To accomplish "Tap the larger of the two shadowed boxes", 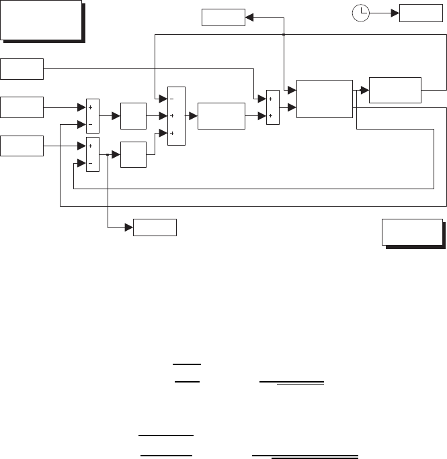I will click(41, 20).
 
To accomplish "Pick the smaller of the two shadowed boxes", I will click(412, 232).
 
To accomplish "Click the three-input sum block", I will click(175, 116).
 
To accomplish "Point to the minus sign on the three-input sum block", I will click(171, 99).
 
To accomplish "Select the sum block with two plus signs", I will click(272, 107).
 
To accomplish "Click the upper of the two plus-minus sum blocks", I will click(93, 115).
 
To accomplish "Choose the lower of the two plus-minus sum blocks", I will click(93, 154).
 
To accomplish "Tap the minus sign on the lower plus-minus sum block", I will click(89, 162).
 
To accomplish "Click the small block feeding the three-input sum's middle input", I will click(132, 115).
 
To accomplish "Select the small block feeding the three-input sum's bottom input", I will click(132, 154).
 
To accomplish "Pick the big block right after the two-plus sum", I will click(323, 99).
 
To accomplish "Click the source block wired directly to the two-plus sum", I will click(22, 68).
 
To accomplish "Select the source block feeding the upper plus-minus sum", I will click(22, 107).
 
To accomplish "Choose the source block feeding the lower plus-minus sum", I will click(22, 145).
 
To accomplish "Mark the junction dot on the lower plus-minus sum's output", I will click(108, 154).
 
